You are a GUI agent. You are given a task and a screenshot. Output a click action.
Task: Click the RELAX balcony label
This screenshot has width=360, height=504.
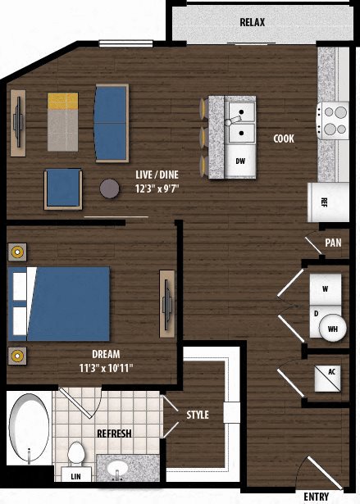(x=252, y=23)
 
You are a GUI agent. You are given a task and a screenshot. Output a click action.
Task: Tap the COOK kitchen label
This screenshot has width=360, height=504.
(x=284, y=138)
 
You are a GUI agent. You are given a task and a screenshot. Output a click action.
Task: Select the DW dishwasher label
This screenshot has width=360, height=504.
(x=240, y=161)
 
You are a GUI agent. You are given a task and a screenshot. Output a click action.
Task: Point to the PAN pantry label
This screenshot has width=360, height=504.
(x=332, y=243)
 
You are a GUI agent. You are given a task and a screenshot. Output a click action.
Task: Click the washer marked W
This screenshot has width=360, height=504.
(x=325, y=289)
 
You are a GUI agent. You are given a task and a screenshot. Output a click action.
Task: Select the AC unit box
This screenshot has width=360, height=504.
(x=331, y=372)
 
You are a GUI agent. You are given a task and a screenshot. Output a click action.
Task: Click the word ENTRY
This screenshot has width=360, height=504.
(x=317, y=497)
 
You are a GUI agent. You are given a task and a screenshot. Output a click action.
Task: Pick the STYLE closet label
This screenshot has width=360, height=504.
(x=198, y=415)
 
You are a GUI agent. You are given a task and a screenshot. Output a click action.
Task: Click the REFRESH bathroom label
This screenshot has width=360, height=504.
(x=116, y=433)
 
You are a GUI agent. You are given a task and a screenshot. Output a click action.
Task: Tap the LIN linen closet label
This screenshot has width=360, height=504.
(x=76, y=476)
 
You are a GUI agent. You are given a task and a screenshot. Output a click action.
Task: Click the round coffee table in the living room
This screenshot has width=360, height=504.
(x=110, y=188)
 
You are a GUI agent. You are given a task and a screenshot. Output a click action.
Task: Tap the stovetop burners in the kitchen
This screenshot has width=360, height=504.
(x=334, y=120)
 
